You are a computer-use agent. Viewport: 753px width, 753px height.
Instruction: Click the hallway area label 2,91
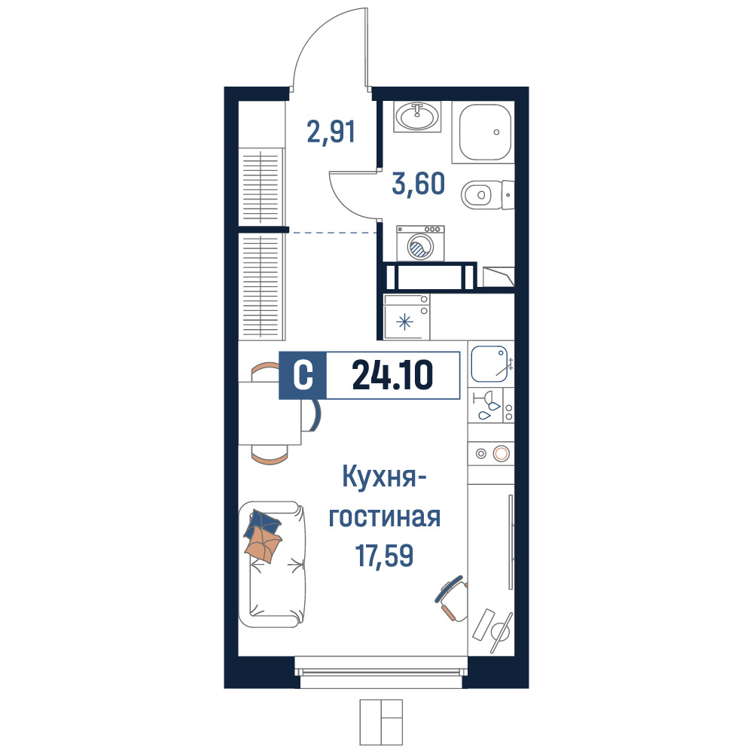[331, 132]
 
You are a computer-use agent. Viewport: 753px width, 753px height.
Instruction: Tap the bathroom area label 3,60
[418, 184]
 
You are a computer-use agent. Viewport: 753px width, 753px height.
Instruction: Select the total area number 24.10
[392, 375]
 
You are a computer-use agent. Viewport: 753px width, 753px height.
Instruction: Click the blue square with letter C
[303, 376]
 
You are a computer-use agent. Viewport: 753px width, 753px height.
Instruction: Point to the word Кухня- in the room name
[385, 478]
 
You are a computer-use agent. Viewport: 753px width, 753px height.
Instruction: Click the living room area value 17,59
[384, 555]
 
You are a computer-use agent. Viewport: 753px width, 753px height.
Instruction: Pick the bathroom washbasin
[417, 117]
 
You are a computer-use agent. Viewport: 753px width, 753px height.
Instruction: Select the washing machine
[420, 243]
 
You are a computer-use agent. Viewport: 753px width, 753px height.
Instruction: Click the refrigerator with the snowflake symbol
[407, 317]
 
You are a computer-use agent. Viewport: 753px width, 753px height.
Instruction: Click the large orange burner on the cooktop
[501, 453]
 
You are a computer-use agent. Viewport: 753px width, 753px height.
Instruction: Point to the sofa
[272, 564]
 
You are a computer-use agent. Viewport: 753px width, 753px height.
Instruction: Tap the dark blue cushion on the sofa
[262, 523]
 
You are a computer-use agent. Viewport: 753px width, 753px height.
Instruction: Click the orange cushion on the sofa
[263, 544]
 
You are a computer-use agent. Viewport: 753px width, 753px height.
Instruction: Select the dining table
[270, 413]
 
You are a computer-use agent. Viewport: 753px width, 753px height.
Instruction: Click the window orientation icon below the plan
[381, 722]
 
